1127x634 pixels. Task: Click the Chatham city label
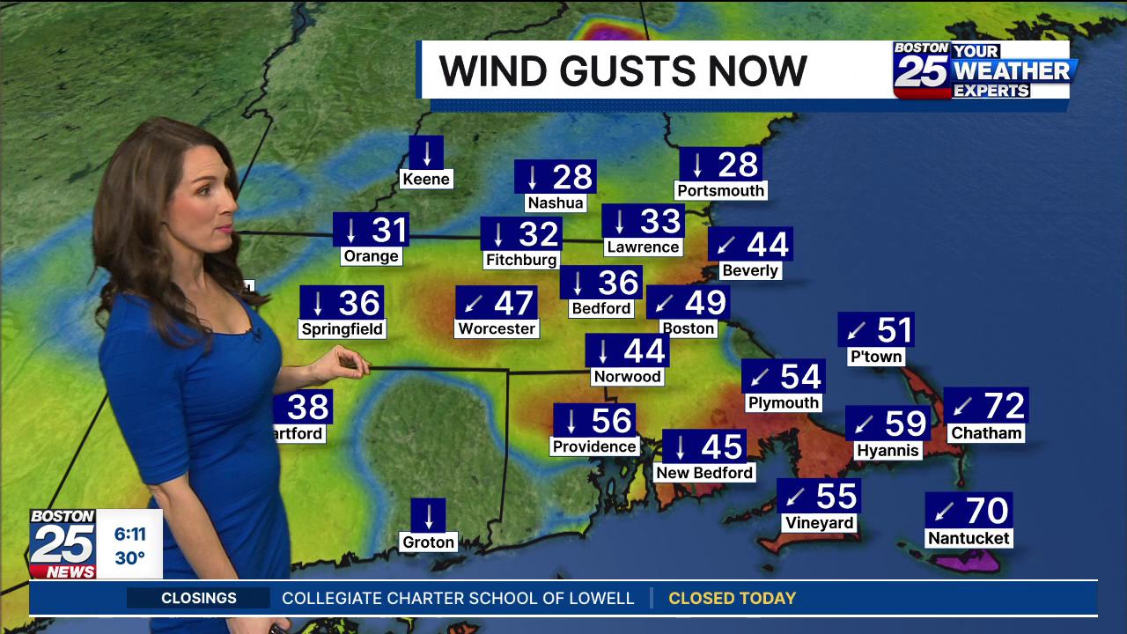tap(986, 433)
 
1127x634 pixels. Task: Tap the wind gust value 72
tap(1004, 406)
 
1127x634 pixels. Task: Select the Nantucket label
tap(969, 538)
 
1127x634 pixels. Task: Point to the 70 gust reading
tap(986, 511)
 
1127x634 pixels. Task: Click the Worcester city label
tap(497, 328)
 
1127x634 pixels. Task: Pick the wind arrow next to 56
tap(571, 421)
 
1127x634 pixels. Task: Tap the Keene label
tap(426, 180)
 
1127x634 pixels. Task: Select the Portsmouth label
tap(721, 190)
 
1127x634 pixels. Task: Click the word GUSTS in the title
tap(624, 71)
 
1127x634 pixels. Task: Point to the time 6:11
tap(129, 534)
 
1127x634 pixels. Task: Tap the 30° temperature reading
tap(129, 558)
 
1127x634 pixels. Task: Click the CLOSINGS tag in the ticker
tap(199, 599)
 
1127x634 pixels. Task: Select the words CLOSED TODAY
tap(732, 599)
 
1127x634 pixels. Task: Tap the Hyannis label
tap(888, 451)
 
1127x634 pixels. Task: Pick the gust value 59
tap(905, 424)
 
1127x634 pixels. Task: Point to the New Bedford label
tap(704, 473)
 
